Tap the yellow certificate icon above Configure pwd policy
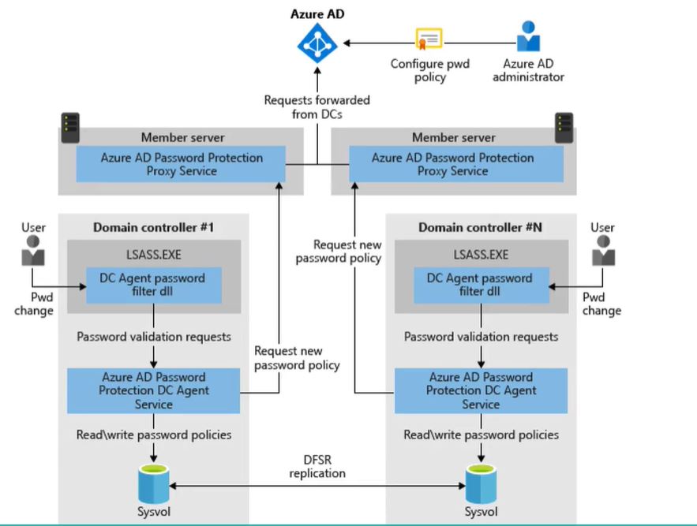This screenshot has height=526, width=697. pyautogui.click(x=429, y=39)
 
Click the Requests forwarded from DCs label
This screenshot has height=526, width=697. pyautogui.click(x=317, y=106)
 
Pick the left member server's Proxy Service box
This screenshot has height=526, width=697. pyautogui.click(x=182, y=164)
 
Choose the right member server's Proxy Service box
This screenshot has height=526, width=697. pyautogui.click(x=452, y=164)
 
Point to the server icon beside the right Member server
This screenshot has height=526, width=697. pyautogui.click(x=564, y=124)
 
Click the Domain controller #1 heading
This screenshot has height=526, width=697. pyautogui.click(x=154, y=228)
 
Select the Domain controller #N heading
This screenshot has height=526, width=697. pyautogui.click(x=479, y=228)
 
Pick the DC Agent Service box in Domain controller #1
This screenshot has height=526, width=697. pyautogui.click(x=153, y=390)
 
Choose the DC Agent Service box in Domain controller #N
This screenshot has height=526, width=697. pyautogui.click(x=481, y=390)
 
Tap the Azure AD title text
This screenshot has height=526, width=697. pyautogui.click(x=317, y=13)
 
